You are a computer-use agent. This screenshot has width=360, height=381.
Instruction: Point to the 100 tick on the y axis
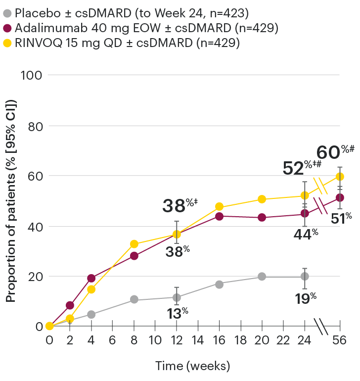point(33,75)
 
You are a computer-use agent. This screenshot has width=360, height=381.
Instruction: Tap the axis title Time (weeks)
point(193,366)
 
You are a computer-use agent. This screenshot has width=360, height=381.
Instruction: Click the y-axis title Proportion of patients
point(11,200)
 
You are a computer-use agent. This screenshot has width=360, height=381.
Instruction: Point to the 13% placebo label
point(177,313)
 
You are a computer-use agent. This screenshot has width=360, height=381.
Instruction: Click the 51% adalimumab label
point(341,218)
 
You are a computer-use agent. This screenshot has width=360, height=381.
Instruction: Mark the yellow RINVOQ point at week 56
point(340,177)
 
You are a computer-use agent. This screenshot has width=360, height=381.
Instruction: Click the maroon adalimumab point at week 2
point(70,305)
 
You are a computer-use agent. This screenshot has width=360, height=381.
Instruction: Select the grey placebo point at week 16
point(219,284)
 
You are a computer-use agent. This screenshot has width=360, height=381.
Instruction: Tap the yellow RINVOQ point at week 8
point(134,244)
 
